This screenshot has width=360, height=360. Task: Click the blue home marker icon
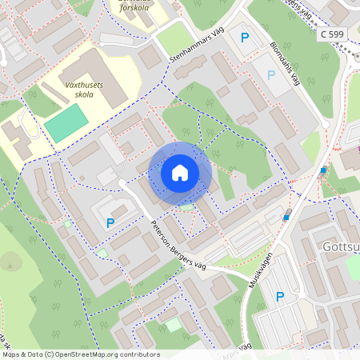(x=180, y=172)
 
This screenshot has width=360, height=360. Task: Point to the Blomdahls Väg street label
(x=284, y=63)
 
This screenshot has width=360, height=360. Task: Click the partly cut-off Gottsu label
(x=342, y=246)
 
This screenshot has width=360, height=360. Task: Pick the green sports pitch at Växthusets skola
(x=66, y=122)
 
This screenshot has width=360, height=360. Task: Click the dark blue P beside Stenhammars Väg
(x=245, y=37)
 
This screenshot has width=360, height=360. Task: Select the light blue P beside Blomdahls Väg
(x=271, y=76)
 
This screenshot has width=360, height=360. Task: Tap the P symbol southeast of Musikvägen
(x=280, y=297)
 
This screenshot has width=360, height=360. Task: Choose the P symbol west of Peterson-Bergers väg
(x=110, y=222)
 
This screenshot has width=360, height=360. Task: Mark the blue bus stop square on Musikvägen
(x=286, y=217)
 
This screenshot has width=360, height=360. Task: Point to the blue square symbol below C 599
(x=323, y=170)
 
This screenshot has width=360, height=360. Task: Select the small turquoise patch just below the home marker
(x=186, y=207)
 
